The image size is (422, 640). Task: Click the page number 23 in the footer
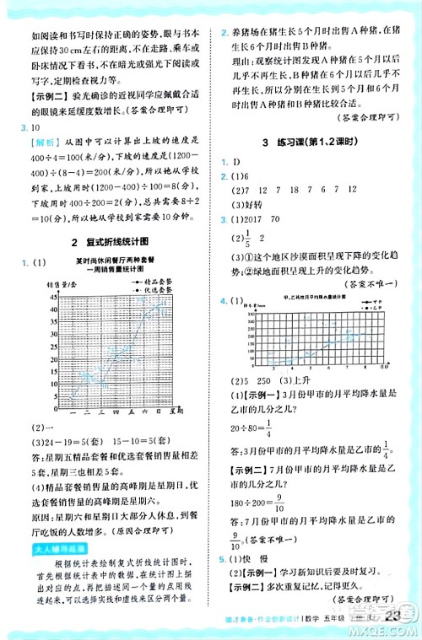pyautogui.click(x=392, y=619)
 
